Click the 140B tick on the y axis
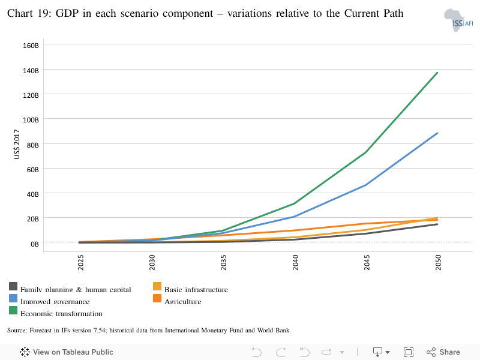31,70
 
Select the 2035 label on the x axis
224,264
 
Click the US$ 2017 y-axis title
17,144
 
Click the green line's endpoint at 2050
437,73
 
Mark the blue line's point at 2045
366,185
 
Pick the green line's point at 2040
295,203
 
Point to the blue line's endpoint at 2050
437,133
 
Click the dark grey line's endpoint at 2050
437,224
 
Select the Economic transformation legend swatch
13,310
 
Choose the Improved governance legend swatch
13,298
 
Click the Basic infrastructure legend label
196,290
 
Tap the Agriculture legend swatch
157,298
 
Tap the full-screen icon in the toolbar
409,352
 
